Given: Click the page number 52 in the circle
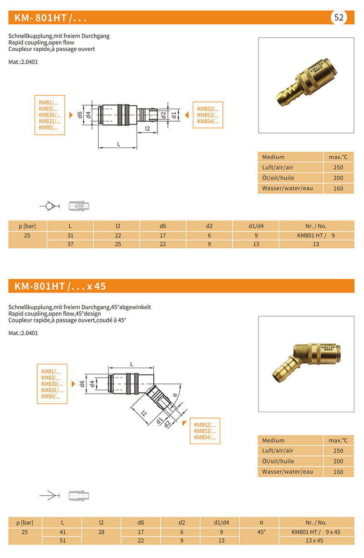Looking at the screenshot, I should pos(339,18).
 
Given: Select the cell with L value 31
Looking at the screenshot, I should pos(70,235).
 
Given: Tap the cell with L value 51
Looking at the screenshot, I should pos(62,540).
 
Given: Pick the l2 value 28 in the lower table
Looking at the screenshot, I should pos(101,532).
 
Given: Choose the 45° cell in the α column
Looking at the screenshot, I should pos(259,532).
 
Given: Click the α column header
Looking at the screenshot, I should pos(259,522).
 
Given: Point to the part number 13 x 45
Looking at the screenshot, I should pos(316,540).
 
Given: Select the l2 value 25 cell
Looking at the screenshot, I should pos(117,244).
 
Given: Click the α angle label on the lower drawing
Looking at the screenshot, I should pos(174,394).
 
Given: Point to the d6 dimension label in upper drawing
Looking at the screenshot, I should pos(80,115).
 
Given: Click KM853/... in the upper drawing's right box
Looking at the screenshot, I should pos(207,115).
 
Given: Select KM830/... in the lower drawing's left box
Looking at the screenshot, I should pos(52,384).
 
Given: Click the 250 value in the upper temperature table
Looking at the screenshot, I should pos(338,167).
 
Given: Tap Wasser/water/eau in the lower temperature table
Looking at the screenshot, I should pos(287,472).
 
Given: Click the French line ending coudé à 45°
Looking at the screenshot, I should pos(67,320).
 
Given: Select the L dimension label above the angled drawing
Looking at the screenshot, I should pos(131,364).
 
